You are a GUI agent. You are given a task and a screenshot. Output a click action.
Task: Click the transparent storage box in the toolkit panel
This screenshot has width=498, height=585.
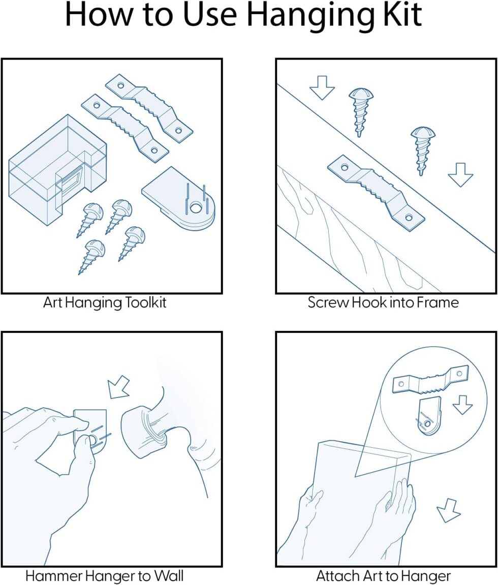pos(57,170)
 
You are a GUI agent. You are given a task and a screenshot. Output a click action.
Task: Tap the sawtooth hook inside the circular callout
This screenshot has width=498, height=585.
pos(431,378)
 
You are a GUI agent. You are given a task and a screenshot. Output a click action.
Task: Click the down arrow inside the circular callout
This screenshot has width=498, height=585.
pos(462,405)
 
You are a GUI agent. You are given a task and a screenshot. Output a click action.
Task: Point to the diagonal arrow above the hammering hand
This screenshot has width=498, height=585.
pos(118,387)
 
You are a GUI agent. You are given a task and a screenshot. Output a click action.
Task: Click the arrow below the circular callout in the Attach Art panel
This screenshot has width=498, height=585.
pos(448,511)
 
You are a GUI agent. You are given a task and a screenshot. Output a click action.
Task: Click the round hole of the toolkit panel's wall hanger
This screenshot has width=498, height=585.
pos(195,208)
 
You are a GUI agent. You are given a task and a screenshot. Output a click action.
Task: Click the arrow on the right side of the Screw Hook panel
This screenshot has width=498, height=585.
pos(461,175)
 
